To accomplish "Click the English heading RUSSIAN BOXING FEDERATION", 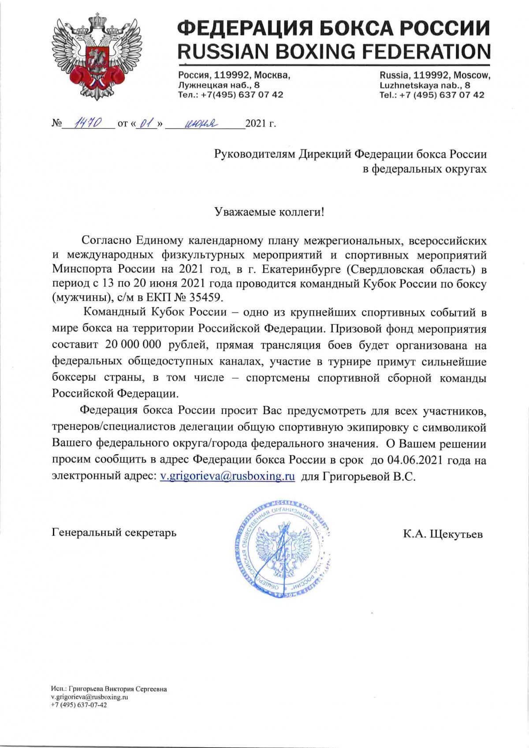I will click(334, 52).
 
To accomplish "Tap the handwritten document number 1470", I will click(88, 123).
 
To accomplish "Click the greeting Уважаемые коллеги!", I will click(269, 212).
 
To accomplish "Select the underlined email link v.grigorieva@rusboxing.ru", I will click(227, 476).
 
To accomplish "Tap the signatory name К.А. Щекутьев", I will click(443, 534).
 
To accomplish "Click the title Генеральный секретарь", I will click(114, 532).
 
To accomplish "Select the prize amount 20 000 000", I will click(133, 345).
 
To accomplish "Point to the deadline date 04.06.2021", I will click(415, 460).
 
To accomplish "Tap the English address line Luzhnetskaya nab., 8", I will click(425, 85).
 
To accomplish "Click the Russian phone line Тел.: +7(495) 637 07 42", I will click(231, 95).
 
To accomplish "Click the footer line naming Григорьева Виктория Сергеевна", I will click(109, 689).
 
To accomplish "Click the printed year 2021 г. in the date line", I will click(261, 123).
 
